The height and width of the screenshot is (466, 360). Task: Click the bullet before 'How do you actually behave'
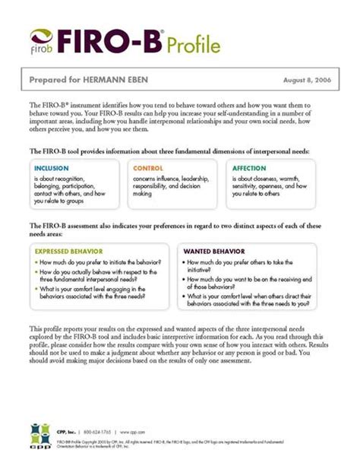36,271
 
